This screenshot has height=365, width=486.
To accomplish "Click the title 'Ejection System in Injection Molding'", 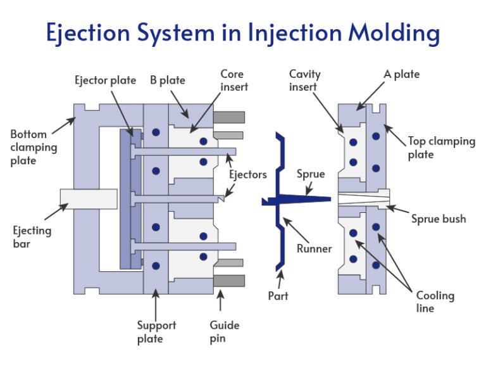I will point(243,33).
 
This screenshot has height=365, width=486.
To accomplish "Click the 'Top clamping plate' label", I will point(441,147).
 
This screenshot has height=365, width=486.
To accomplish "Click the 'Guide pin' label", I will point(224,331).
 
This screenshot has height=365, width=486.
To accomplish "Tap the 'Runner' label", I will point(314,248).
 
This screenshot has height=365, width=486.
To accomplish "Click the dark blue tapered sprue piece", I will point(304,199).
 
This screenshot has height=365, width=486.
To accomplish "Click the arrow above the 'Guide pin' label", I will point(221,300).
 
